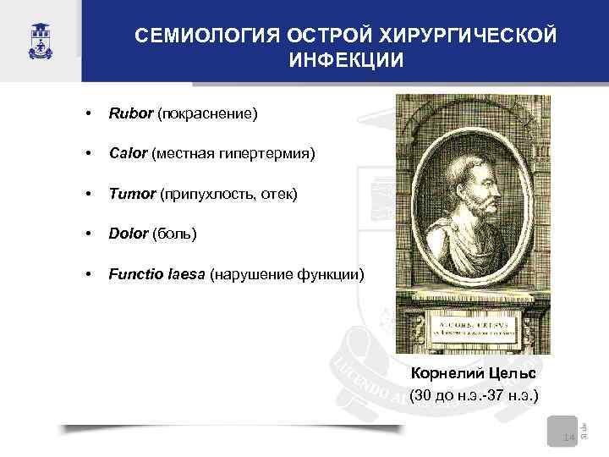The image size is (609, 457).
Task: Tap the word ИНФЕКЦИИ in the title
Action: [x=346, y=61]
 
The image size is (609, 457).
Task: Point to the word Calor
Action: [x=127, y=154]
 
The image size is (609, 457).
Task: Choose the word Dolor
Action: [x=128, y=234]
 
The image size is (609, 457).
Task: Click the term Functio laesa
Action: [x=156, y=274]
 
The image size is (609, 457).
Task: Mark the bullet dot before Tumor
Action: [x=88, y=195]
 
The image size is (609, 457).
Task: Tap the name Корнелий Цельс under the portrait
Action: [x=473, y=373]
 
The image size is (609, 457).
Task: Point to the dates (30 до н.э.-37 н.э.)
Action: [x=473, y=395]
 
